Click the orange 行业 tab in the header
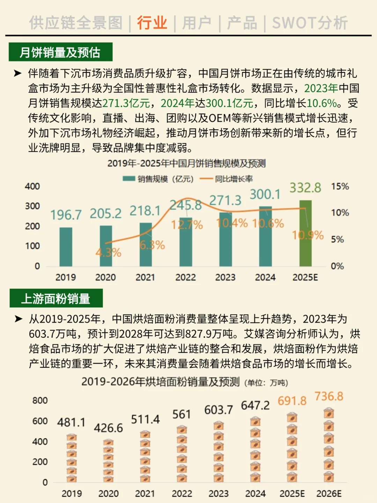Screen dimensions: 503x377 tap(152, 23)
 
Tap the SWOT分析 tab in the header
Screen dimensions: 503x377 tap(310, 23)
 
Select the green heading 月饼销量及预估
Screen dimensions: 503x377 tap(60, 52)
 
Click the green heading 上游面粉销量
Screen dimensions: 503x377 tap(56, 299)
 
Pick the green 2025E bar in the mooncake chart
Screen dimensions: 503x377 tap(305, 233)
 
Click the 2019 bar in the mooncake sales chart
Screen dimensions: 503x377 tap(66, 247)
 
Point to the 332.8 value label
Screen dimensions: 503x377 tap(305, 188)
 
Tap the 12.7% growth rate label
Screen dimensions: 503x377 tap(187, 225)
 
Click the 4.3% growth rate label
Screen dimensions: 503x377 tap(108, 252)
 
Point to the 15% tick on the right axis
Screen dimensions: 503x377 tap(340, 186)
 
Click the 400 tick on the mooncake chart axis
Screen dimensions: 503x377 tap(32, 186)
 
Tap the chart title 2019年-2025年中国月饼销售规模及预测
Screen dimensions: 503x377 tap(186, 163)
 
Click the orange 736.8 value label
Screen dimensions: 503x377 tap(329, 396)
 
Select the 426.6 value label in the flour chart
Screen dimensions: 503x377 tap(108, 428)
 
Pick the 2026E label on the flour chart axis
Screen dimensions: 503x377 tap(329, 494)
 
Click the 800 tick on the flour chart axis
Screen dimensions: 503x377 tap(40, 400)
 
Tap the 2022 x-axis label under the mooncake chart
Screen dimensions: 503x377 tap(185, 277)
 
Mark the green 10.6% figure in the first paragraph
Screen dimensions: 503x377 tap(321, 103)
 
